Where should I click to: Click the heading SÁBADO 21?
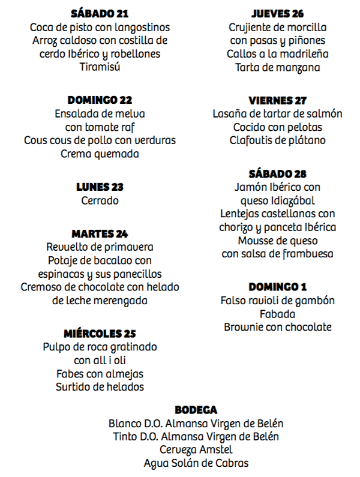pyautogui.click(x=100, y=14)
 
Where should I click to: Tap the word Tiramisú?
pyautogui.click(x=100, y=67)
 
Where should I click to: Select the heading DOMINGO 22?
pyautogui.click(x=100, y=100)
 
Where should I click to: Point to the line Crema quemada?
pyautogui.click(x=100, y=154)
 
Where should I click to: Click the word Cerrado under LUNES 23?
pyautogui.click(x=100, y=200)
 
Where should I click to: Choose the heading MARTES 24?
pyautogui.click(x=100, y=233)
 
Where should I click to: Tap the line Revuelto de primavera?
pyautogui.click(x=100, y=247)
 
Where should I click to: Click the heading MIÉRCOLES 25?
pyautogui.click(x=100, y=334)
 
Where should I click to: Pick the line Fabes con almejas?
pyautogui.click(x=100, y=374)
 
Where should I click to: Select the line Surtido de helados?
pyautogui.click(x=100, y=387)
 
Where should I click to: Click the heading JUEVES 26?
pyautogui.click(x=277, y=14)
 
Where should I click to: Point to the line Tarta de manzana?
pyautogui.click(x=277, y=67)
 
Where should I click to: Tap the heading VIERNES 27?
pyautogui.click(x=277, y=100)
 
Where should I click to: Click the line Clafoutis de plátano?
pyautogui.click(x=277, y=140)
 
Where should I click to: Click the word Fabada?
pyautogui.click(x=277, y=314)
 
